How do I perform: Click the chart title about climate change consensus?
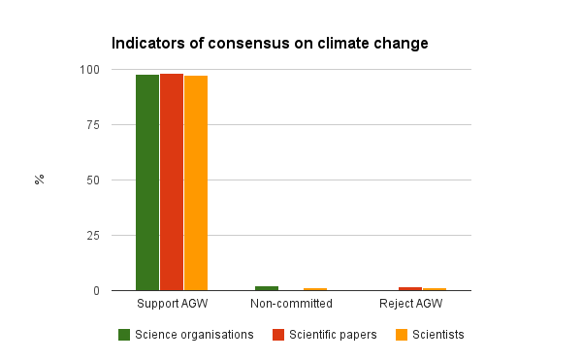point(270,44)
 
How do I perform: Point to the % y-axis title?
point(40,180)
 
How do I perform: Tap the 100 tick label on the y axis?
point(90,70)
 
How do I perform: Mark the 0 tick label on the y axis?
point(96,291)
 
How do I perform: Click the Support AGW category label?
point(172,305)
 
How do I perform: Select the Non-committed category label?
point(291,305)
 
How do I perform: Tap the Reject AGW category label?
point(411,305)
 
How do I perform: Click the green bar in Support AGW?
point(147,182)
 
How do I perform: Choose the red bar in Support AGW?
point(172,181)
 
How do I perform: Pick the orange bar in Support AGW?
point(196,182)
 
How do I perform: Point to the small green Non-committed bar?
point(267,288)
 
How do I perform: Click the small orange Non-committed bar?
point(315,289)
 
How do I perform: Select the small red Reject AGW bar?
point(410,288)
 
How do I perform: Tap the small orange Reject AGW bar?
point(435,289)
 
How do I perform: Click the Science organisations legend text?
point(194,335)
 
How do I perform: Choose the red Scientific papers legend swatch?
point(277,335)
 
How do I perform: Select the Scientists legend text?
point(438,335)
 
